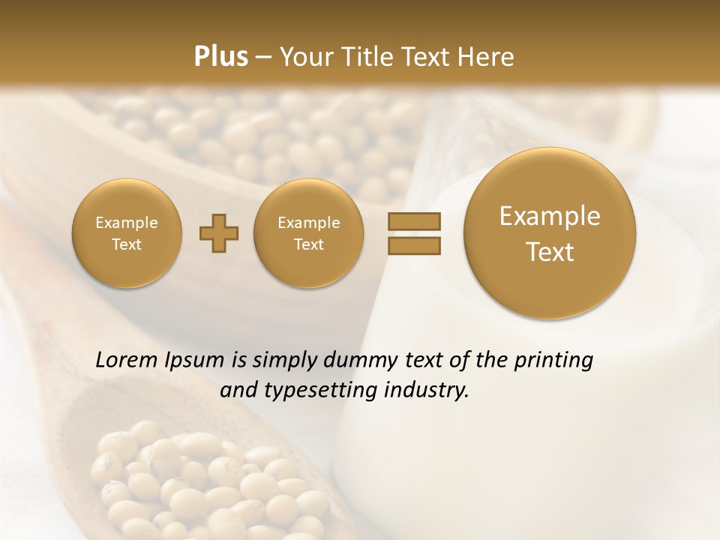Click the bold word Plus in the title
pos(220,57)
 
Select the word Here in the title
pos(488,57)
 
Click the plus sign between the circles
pos(219,234)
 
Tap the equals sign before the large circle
pos(414,233)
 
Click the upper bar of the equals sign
pos(414,221)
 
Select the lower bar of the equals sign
pos(414,245)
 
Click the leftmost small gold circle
pos(127,233)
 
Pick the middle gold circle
pos(309,233)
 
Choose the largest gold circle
pos(550,233)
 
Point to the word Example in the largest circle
pos(550,216)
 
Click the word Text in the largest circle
pos(550,252)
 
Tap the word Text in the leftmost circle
pos(127,244)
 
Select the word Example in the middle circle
pos(309,223)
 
